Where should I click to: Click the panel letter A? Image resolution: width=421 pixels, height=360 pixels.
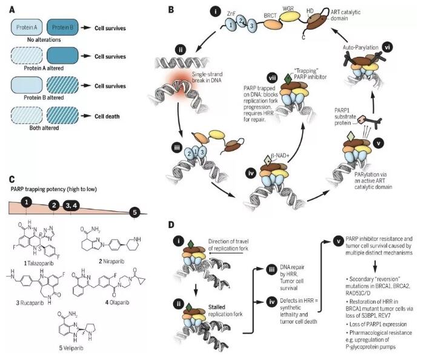coord(10,8)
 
